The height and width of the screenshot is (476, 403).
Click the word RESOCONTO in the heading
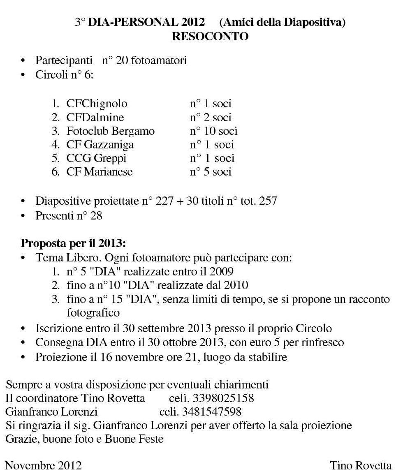click(x=210, y=37)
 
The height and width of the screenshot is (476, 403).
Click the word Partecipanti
click(x=64, y=61)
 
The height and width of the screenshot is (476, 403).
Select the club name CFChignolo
click(x=97, y=104)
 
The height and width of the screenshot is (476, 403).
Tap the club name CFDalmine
click(x=95, y=118)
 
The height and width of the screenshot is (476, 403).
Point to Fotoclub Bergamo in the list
click(x=111, y=131)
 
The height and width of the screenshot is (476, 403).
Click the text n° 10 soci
click(x=213, y=131)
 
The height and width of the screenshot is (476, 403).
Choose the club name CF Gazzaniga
click(x=100, y=145)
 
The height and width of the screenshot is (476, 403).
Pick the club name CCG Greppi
click(x=96, y=158)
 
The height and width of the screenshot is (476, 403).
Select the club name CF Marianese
click(x=100, y=172)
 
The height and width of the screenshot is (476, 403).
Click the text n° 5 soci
click(x=211, y=172)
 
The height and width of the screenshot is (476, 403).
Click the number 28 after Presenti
click(x=96, y=215)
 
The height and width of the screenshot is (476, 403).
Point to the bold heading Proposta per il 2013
click(x=73, y=243)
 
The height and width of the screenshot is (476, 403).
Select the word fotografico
click(x=93, y=313)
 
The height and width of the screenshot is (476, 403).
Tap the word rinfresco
click(x=321, y=342)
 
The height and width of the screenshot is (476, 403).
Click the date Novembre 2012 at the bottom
click(x=43, y=466)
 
